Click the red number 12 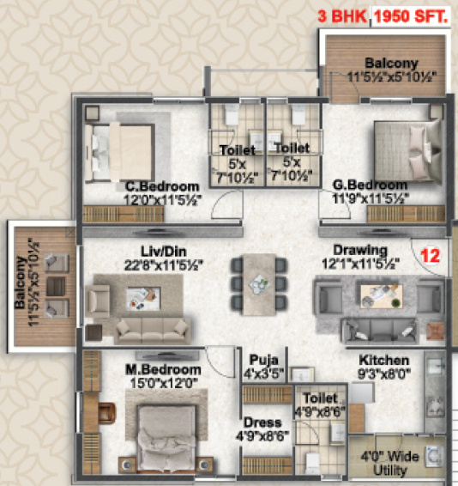click(430, 255)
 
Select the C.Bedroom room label click(162, 185)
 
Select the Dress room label click(259, 422)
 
